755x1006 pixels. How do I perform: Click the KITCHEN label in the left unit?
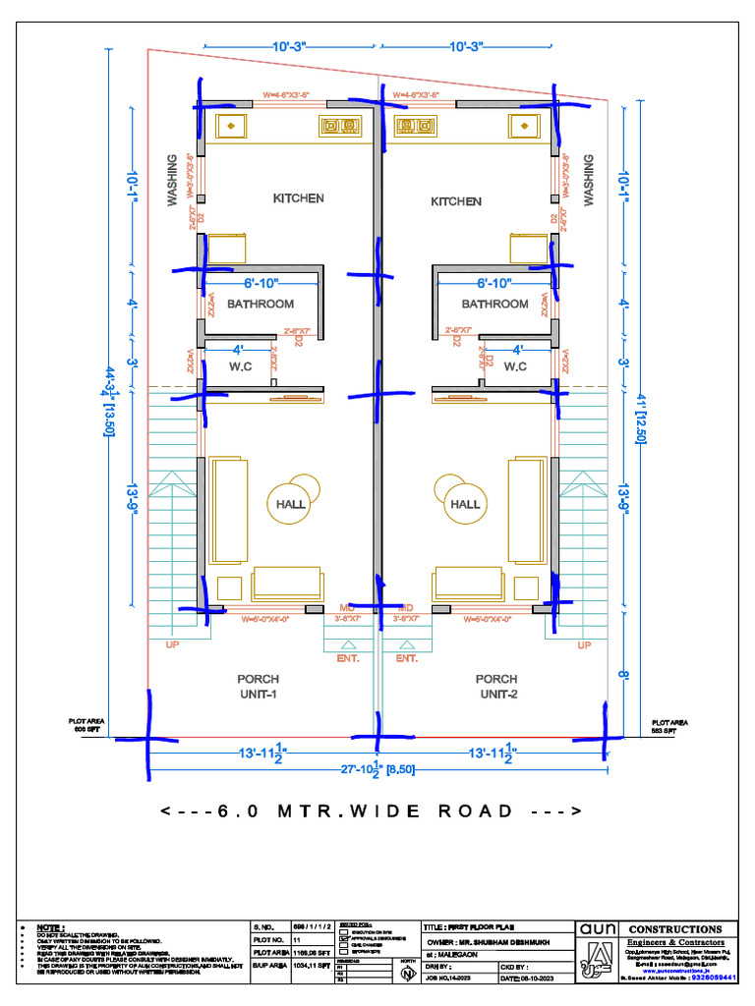pyautogui.click(x=298, y=198)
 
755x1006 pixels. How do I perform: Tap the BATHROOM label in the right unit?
pyautogui.click(x=494, y=305)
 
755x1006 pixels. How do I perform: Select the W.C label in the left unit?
pyautogui.click(x=242, y=367)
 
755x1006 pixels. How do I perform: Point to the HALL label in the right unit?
pyautogui.click(x=465, y=504)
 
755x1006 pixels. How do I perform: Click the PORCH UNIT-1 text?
pyautogui.click(x=258, y=687)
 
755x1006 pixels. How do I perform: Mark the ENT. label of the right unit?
pyautogui.click(x=407, y=659)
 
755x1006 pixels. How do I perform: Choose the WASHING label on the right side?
pyautogui.click(x=589, y=179)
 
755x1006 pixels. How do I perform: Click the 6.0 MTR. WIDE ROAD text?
pyautogui.click(x=371, y=811)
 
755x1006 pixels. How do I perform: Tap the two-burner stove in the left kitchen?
pyautogui.click(x=339, y=126)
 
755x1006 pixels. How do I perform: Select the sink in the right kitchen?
pyautogui.click(x=524, y=126)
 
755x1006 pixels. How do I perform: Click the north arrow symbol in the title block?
pyautogui.click(x=407, y=973)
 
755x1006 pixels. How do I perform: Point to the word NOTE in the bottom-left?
pyautogui.click(x=49, y=927)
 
